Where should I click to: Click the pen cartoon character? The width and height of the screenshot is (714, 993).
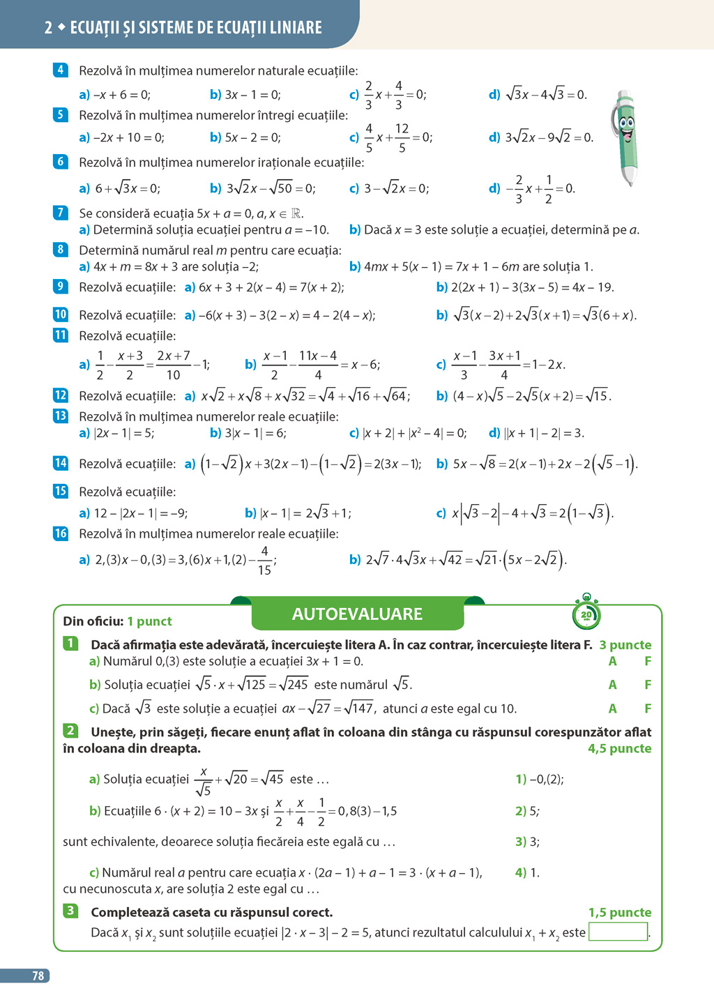coord(626,136)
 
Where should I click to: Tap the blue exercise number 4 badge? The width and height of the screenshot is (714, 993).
coord(61,70)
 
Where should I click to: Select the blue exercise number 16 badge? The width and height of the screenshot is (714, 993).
coord(61,533)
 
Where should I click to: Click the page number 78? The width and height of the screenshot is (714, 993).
coord(38,976)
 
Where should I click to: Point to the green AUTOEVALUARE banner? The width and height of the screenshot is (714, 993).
coord(357,614)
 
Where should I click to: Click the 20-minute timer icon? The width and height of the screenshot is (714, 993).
coord(586,614)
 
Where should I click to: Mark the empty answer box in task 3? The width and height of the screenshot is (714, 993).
coord(618,932)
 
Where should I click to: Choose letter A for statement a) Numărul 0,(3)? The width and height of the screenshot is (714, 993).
coord(612,661)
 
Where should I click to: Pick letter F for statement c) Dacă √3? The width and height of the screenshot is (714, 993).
coord(648,708)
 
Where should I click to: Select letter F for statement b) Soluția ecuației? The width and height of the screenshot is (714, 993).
coord(648,685)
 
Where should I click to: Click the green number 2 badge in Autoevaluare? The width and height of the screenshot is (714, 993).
coord(70,731)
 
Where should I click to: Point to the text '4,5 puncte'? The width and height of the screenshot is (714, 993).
coord(619,748)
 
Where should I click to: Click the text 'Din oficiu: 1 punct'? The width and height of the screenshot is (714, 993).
coord(117,621)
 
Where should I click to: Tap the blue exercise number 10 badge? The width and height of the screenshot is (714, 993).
coord(61,314)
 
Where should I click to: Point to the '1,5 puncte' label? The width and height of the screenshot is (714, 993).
coord(619,912)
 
